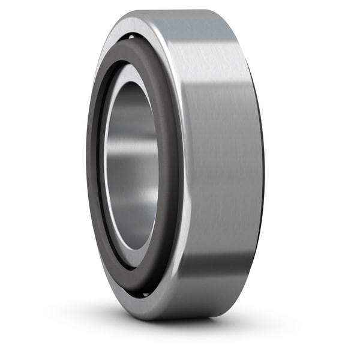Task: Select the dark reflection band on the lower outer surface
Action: pos(222,267)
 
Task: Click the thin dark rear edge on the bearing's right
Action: pos(262,168)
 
